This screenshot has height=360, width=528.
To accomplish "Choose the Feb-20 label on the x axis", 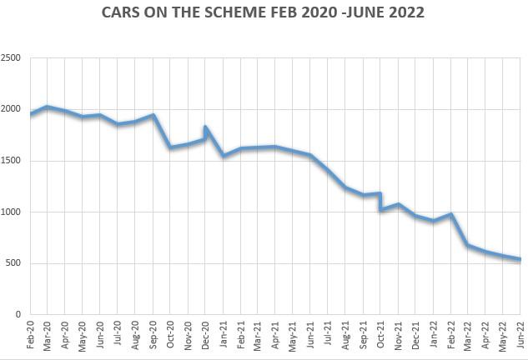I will tap(30, 334).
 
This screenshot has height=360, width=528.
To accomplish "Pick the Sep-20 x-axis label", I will tap(153, 334).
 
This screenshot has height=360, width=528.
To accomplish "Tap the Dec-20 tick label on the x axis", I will tap(207, 334).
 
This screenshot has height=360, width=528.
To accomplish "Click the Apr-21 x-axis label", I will tap(275, 334).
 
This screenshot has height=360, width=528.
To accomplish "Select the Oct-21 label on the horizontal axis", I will tap(380, 334).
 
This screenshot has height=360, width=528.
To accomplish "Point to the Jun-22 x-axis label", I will tap(521, 334).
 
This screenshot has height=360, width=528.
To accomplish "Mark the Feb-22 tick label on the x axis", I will tap(451, 334).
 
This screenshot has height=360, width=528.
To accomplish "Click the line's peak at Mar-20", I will tap(47, 107).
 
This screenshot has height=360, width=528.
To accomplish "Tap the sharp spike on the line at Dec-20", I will tap(205, 127).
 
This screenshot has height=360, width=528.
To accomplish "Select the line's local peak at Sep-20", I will tap(153, 115).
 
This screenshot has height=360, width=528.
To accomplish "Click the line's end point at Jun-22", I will tap(521, 259).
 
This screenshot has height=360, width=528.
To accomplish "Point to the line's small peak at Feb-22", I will tap(450, 214).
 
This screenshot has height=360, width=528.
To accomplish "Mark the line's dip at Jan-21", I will tap(224, 156).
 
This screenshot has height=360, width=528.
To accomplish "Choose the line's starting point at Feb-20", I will tap(31, 114).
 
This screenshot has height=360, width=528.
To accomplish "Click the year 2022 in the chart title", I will tap(401, 12).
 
